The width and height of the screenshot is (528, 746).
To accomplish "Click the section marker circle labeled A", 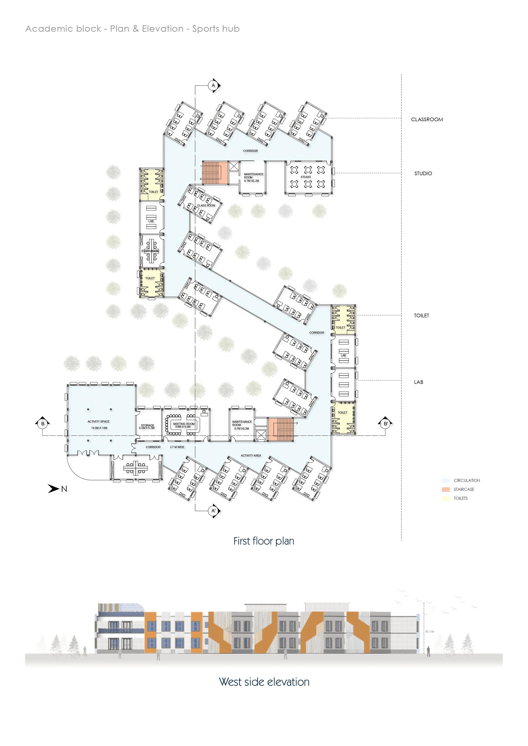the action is tap(213, 86).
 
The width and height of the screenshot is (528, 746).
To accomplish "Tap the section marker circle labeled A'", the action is tap(213, 511).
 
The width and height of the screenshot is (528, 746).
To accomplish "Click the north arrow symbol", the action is tap(54, 489).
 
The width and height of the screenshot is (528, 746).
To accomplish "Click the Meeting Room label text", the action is tap(184, 424).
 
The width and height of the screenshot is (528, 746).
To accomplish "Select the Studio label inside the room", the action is tap(306, 177).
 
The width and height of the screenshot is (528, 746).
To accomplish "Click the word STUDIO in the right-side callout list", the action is tap(423, 174).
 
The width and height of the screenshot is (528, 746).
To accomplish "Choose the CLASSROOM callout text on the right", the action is tap(427, 120).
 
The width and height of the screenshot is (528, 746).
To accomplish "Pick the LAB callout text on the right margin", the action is tap(418, 382).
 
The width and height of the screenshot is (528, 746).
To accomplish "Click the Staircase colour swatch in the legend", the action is tap(446, 489).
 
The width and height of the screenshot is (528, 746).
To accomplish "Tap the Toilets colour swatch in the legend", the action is tap(446, 498).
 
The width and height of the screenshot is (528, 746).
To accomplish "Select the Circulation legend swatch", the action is tap(446, 481).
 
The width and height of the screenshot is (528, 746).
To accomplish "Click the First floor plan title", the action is tap(264, 541).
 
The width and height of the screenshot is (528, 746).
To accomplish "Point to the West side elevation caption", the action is tap(264, 682).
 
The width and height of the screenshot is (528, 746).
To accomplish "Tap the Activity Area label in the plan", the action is tap(251, 455).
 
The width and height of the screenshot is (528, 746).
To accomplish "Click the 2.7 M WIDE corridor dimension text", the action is tap(177, 447).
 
